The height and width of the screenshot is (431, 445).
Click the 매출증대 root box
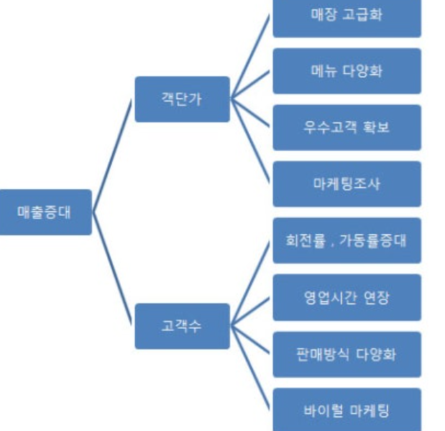[x=45, y=212]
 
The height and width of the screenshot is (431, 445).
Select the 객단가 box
[x=182, y=99]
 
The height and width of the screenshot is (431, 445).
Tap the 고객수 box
[x=182, y=326]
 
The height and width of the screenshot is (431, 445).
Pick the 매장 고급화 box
[x=347, y=14]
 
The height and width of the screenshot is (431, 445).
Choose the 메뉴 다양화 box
[x=347, y=71]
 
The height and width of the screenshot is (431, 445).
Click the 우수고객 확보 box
[x=347, y=127]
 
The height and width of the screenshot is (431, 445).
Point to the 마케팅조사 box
[x=347, y=183]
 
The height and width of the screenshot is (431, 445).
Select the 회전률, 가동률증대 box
[x=347, y=240]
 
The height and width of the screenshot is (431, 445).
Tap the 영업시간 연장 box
[x=347, y=296]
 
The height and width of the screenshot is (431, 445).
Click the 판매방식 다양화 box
[x=347, y=353]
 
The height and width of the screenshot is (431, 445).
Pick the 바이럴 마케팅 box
[x=347, y=409]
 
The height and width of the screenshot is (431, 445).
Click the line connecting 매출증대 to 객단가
[x=113, y=155]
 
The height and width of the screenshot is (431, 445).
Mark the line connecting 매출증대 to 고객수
[x=113, y=268]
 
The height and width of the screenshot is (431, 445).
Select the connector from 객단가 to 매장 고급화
[x=252, y=56]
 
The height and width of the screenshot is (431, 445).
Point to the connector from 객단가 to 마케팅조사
[x=252, y=142]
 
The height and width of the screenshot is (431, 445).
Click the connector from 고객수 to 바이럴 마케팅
[x=252, y=368]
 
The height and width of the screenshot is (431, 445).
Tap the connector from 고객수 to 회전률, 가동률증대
[x=252, y=283]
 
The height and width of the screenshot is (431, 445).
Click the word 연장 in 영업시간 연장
[x=376, y=296]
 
